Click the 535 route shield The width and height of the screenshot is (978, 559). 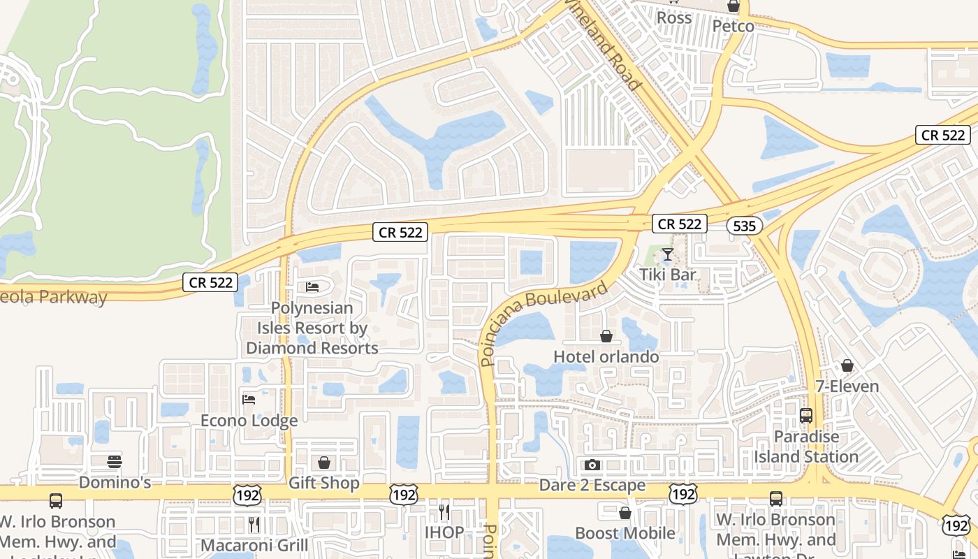tap(744, 226)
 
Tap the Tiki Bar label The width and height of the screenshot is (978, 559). tap(668, 275)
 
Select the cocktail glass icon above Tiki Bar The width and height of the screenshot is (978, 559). tap(668, 254)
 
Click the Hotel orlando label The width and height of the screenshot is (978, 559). tap(606, 356)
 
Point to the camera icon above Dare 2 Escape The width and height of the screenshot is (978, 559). tap(592, 465)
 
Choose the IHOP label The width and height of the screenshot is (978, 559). tap(444, 532)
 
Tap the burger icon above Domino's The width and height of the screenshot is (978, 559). tap(115, 462)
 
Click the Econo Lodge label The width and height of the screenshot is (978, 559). tap(249, 421)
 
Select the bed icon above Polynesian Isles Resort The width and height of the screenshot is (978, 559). tap(312, 287)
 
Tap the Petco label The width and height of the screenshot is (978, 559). tap(733, 27)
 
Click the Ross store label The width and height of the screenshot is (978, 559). tap(674, 17)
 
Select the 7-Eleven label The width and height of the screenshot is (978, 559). tap(847, 386)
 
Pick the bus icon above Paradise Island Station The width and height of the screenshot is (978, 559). tap(806, 416)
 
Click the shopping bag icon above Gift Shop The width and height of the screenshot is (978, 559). tap(324, 463)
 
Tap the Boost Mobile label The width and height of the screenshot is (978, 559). tap(625, 533)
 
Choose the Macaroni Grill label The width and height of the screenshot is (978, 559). tap(254, 544)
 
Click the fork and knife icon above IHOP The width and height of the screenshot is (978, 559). tap(444, 512)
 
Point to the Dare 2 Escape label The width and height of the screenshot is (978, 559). tap(592, 485)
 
